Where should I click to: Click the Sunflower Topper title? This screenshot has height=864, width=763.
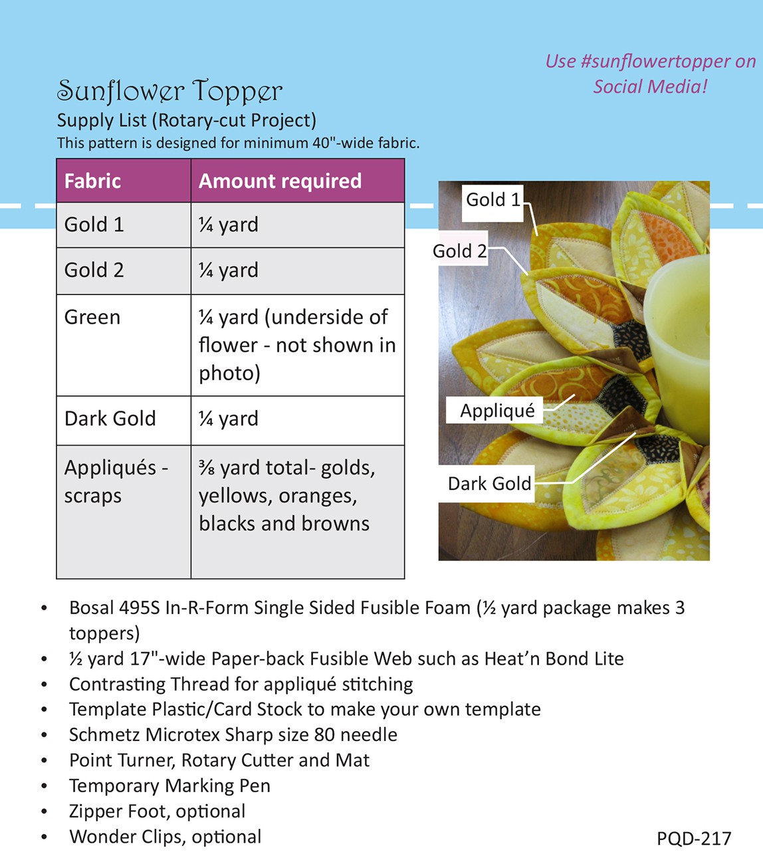click(x=169, y=91)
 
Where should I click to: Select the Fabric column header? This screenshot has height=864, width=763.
click(x=92, y=181)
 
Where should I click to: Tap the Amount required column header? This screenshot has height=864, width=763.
click(x=280, y=181)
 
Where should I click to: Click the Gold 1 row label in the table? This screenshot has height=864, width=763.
click(x=94, y=225)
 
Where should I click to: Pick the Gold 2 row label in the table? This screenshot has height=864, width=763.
click(x=94, y=270)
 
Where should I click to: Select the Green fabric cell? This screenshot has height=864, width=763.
click(x=92, y=317)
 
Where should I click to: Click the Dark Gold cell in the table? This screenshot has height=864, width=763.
click(x=110, y=419)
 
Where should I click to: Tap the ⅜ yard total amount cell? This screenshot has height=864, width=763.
click(x=286, y=495)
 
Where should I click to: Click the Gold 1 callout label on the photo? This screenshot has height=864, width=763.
click(x=492, y=199)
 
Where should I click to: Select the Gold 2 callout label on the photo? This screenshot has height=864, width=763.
click(x=459, y=251)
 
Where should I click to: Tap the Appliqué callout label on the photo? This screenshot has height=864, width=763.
click(x=497, y=411)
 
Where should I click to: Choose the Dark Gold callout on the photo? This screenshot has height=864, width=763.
click(x=489, y=483)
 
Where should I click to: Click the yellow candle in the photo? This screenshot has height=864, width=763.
click(x=678, y=326)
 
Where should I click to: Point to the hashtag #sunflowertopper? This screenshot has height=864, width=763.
click(x=639, y=61)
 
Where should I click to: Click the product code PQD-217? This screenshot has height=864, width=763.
click(x=693, y=839)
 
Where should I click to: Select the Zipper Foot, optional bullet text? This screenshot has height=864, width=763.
click(x=157, y=811)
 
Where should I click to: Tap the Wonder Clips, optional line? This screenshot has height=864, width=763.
click(x=165, y=837)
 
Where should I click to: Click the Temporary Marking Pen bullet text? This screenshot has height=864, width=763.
click(x=169, y=786)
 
